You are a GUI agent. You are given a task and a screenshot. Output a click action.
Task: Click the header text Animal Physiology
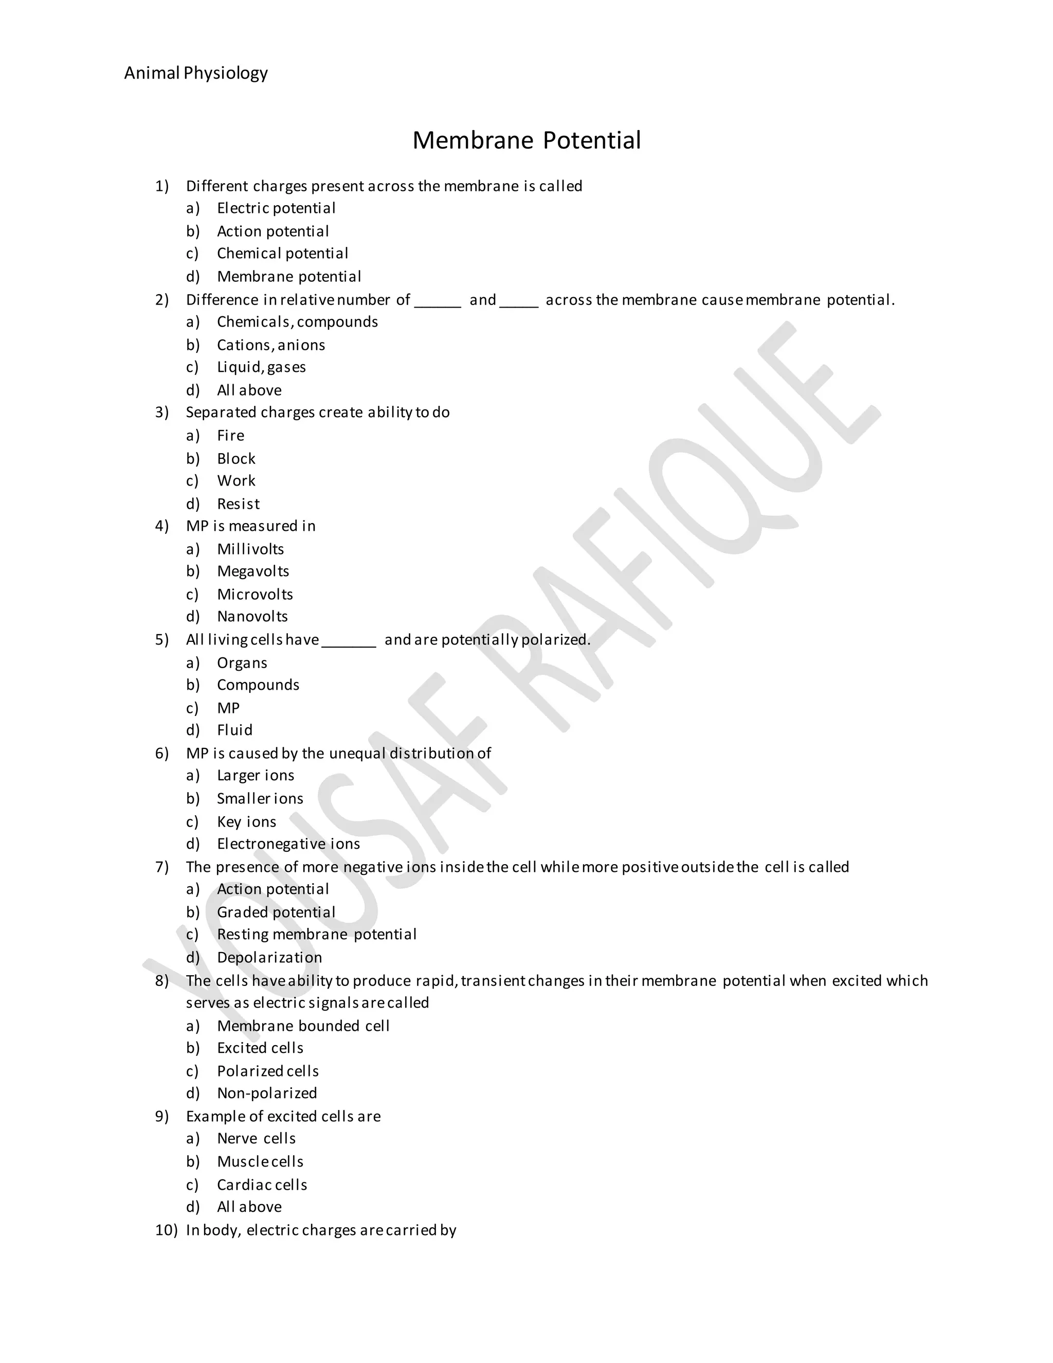196,74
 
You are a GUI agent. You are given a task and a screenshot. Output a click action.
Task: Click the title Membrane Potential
526,140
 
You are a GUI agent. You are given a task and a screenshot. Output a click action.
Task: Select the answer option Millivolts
250,549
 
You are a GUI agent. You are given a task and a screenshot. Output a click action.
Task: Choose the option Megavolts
252,571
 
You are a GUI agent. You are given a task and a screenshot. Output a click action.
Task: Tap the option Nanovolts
252,617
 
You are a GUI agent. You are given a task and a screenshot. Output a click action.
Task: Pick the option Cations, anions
271,345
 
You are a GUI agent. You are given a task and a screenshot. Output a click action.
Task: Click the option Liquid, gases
261,367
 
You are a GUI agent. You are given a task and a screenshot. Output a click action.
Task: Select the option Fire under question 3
230,436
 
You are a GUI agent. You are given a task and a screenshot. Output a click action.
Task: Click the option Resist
238,504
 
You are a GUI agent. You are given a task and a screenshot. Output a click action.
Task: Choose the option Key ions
246,822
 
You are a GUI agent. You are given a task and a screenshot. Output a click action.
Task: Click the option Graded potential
276,912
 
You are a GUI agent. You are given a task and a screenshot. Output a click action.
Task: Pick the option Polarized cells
267,1071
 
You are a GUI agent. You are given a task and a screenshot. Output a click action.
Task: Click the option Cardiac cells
262,1185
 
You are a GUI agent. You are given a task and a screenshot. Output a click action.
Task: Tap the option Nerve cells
256,1138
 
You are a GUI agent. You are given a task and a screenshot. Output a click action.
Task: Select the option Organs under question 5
242,663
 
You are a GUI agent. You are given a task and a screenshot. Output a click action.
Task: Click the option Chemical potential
282,254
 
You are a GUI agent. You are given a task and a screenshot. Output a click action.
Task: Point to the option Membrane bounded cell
303,1026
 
